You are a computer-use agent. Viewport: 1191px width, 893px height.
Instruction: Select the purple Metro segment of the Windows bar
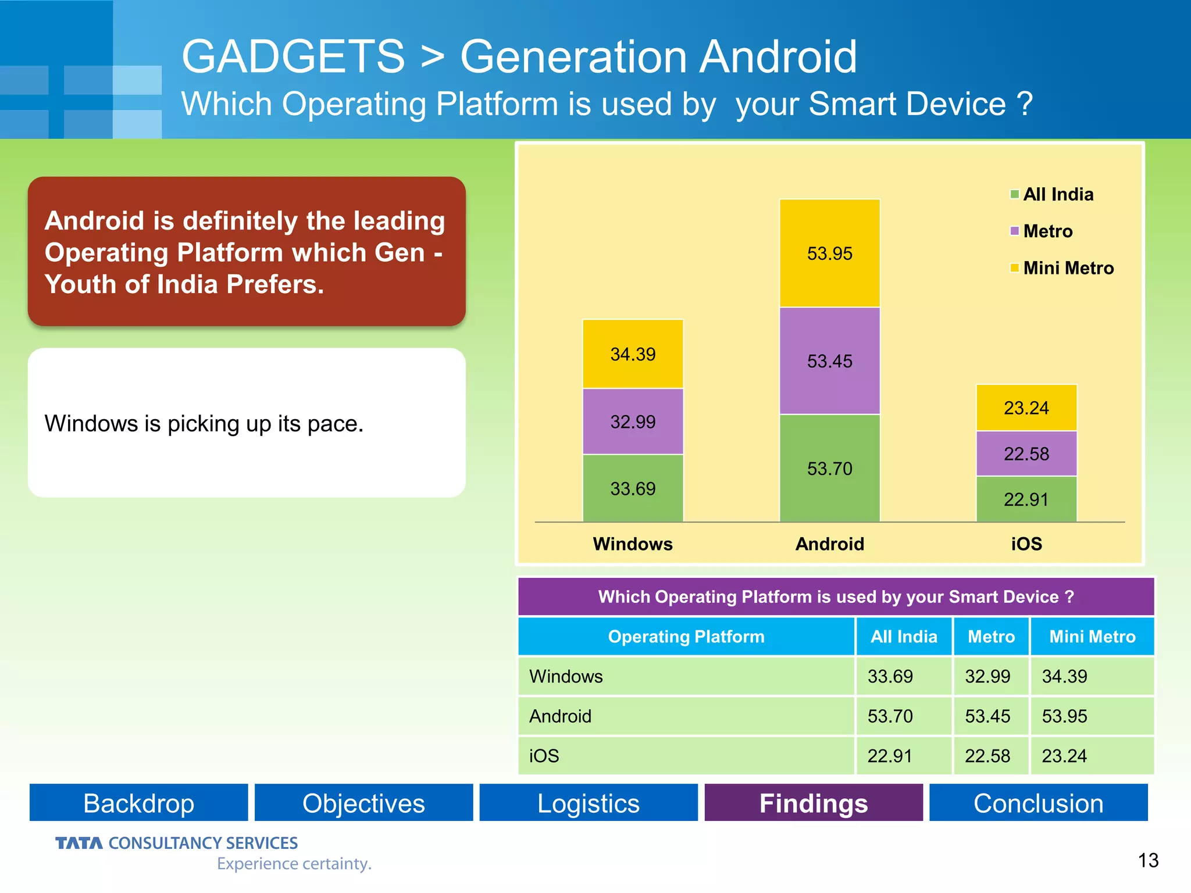[x=633, y=422]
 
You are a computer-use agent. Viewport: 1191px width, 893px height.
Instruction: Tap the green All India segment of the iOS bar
[x=1026, y=499]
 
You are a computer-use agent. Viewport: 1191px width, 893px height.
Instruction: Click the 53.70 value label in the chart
[x=829, y=469]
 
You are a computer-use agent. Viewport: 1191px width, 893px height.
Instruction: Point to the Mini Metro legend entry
[x=1061, y=268]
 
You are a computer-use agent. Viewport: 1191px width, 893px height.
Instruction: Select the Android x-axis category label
[x=829, y=544]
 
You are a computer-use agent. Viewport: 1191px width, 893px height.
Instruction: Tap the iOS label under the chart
[x=1026, y=544]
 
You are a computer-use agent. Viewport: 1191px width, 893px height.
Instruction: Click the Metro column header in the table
[x=991, y=637]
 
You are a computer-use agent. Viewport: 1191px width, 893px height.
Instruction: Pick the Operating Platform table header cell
[x=686, y=637]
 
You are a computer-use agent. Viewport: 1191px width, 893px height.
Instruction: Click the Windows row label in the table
[x=566, y=677]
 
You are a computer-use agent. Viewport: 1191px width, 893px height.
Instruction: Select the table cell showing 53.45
[x=987, y=716]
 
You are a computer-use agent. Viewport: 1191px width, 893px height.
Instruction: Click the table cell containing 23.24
[x=1064, y=756]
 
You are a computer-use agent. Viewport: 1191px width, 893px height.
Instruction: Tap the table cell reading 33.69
[x=890, y=677]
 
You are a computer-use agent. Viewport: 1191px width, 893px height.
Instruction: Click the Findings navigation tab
[x=814, y=803]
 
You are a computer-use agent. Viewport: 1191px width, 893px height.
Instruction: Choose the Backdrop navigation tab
[x=138, y=803]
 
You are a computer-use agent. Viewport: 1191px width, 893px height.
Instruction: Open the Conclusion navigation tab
[x=1038, y=803]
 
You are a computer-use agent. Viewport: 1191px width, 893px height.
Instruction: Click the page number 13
[x=1148, y=860]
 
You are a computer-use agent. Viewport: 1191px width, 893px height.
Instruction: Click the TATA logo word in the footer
[x=79, y=843]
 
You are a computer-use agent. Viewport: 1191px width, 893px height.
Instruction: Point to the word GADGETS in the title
[x=293, y=56]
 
